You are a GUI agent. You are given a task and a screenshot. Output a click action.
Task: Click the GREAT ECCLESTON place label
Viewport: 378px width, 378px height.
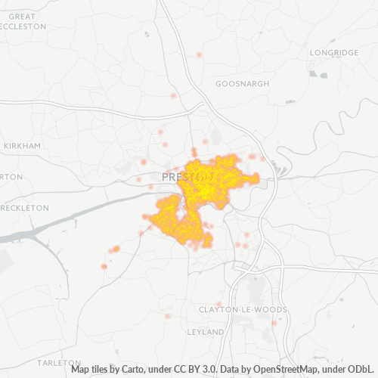click(x=23, y=20)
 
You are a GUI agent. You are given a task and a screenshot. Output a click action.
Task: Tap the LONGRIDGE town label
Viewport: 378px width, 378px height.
click(x=334, y=52)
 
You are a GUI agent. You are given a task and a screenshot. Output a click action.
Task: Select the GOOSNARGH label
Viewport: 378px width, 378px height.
click(x=242, y=83)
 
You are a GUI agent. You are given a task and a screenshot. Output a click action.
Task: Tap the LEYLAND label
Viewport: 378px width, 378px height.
click(x=206, y=332)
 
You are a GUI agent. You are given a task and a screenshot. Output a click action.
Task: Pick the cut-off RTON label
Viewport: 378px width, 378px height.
click(x=11, y=176)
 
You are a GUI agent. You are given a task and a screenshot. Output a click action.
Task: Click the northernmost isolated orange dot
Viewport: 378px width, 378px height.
click(x=199, y=54)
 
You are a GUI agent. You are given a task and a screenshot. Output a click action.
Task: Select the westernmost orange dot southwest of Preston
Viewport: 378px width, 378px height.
click(x=104, y=266)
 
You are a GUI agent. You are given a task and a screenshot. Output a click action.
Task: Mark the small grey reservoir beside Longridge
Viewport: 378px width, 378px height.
click(x=324, y=75)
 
